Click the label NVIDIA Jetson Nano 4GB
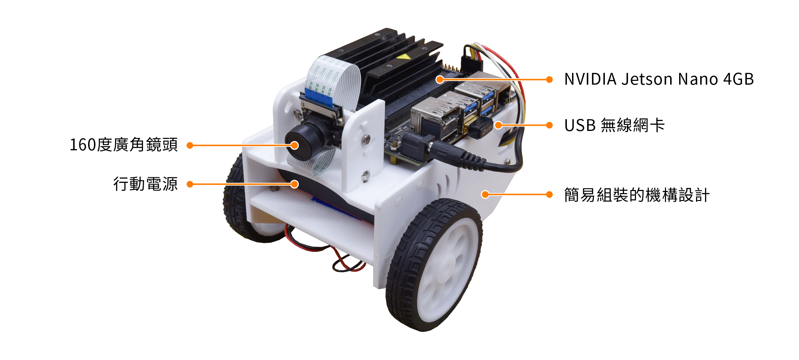click(658, 79)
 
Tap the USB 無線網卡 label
click(614, 125)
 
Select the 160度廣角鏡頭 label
click(124, 145)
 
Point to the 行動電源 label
click(145, 184)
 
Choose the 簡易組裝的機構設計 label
click(637, 195)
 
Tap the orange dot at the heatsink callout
click(440, 79)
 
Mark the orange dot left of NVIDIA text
click(549, 79)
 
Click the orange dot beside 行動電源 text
click(190, 184)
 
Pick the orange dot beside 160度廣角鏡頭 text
click(190, 145)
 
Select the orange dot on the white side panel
click(485, 195)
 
